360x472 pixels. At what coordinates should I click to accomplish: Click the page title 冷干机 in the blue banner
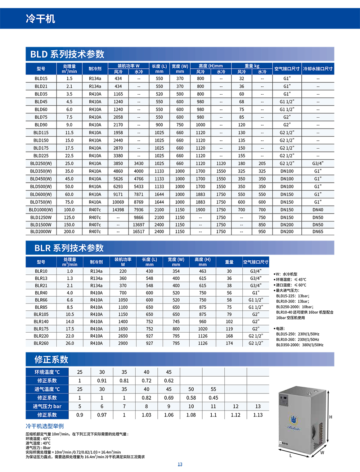pos(40,19)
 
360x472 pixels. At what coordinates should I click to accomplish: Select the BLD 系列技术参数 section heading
pos(67,54)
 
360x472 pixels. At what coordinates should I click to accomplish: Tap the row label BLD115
pos(41,132)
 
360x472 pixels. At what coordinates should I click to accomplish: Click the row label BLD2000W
pos(41,231)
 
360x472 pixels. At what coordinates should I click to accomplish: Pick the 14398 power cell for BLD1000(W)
pos(118,210)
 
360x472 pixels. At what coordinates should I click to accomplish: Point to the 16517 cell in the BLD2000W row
pos(139,231)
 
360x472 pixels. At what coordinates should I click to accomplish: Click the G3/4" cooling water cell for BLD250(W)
pos(318,163)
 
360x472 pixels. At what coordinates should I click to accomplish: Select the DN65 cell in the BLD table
pos(318,231)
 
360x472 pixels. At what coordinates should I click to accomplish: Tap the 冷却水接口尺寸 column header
pos(318,69)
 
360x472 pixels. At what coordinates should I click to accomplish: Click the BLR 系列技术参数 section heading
pos(69,248)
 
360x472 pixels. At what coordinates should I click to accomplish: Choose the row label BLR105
pos(41,314)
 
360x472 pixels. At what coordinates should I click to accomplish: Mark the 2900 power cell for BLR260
pos(123,343)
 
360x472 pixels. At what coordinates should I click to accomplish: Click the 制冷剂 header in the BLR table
pos(96,262)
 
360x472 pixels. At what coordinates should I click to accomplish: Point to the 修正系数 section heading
pos(51,359)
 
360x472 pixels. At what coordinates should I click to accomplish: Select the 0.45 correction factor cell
pos(213,398)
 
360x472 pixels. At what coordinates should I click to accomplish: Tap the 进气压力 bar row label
pos(47,406)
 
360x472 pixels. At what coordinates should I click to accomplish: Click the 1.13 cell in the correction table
pos(258,415)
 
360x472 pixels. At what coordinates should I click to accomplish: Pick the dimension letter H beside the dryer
pos(330,417)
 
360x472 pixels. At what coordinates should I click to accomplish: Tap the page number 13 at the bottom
pos(180,464)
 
